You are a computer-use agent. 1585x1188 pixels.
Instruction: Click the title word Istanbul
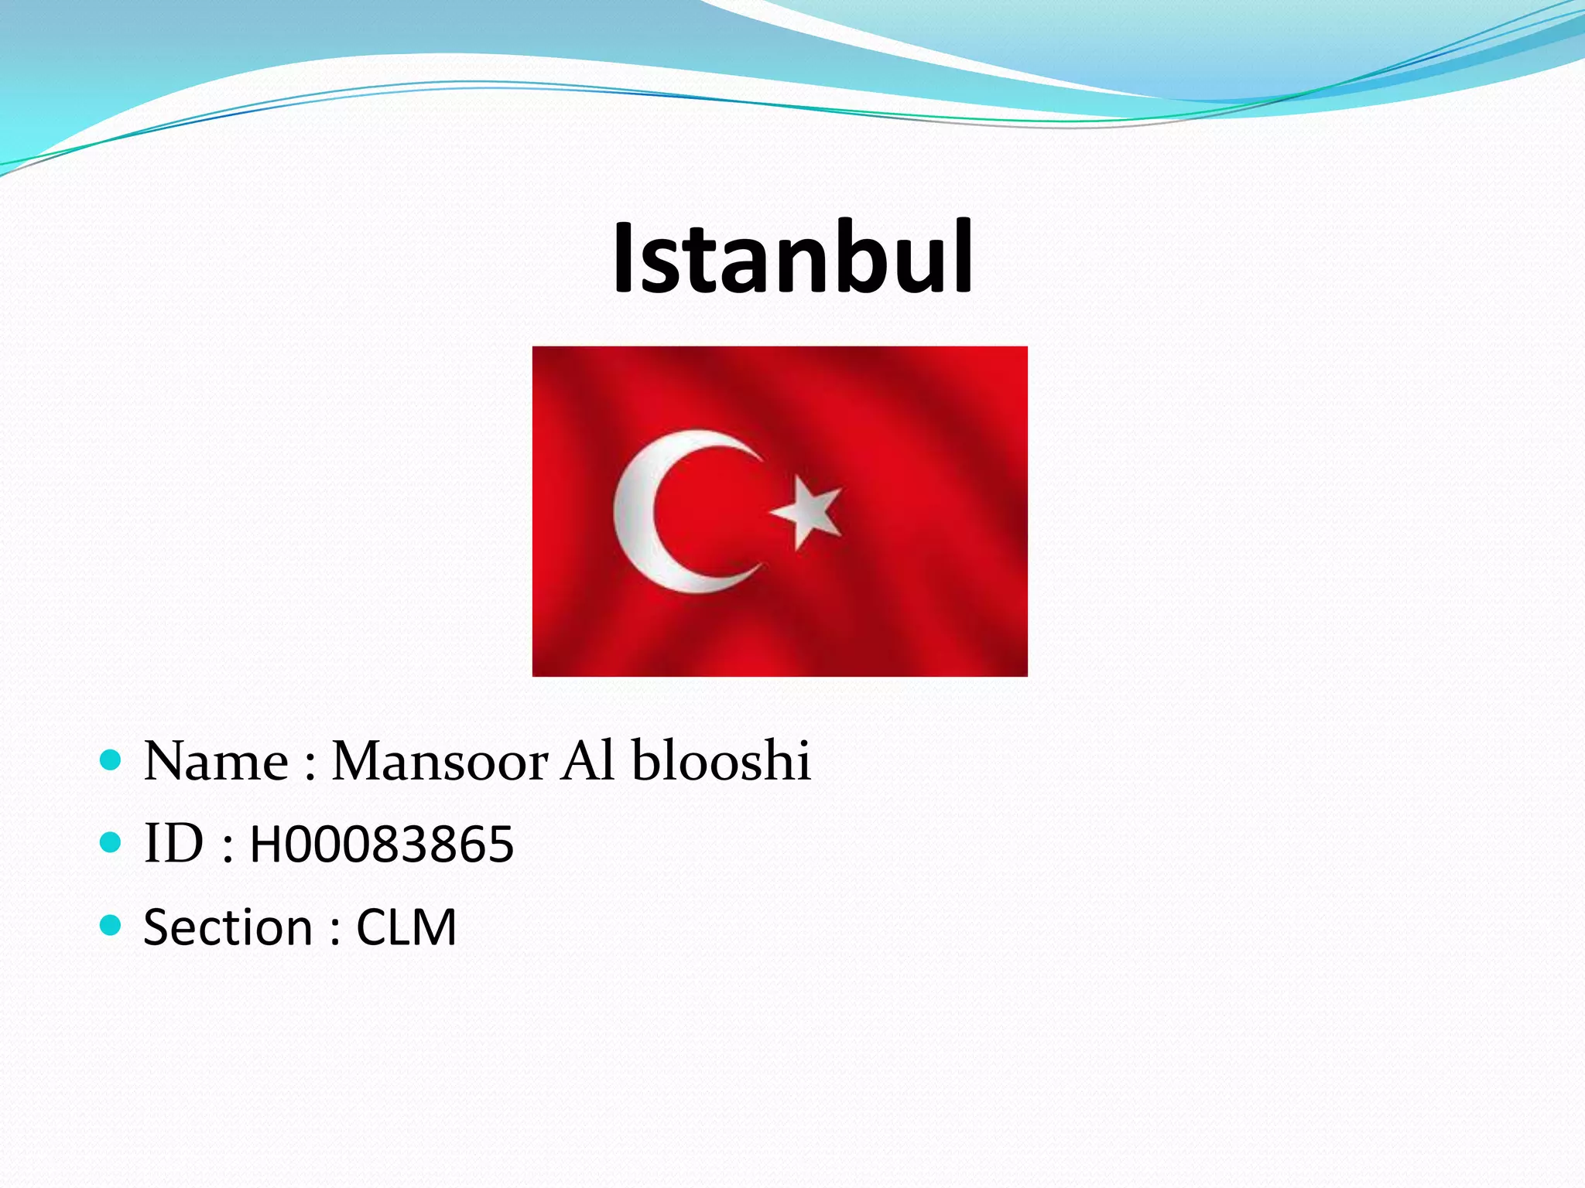point(792,258)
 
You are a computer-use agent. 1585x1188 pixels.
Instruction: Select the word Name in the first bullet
point(216,762)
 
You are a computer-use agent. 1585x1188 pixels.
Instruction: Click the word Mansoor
point(440,762)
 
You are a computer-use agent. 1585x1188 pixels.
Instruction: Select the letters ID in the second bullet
point(174,843)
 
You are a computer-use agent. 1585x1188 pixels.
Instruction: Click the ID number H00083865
point(382,844)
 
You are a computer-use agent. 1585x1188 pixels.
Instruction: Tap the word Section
point(228,927)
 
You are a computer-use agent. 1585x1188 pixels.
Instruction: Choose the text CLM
point(406,927)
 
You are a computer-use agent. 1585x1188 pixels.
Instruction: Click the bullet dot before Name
point(111,760)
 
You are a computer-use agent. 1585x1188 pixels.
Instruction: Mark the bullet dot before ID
point(111,841)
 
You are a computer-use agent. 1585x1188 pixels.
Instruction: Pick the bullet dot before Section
point(111,924)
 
